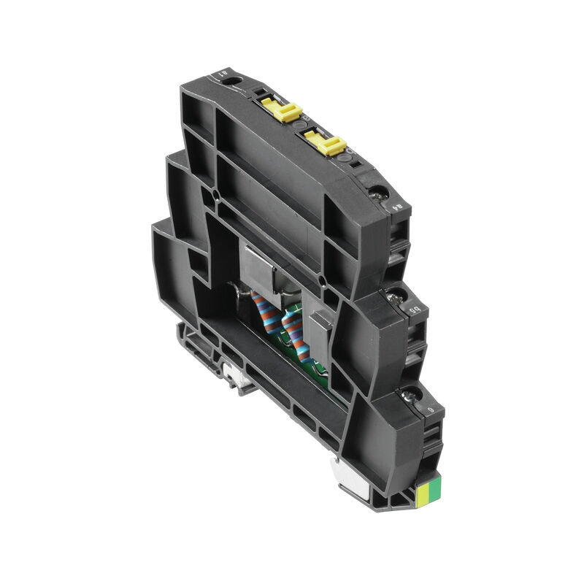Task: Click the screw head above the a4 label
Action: (x=380, y=193)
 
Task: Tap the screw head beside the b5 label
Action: (x=397, y=299)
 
